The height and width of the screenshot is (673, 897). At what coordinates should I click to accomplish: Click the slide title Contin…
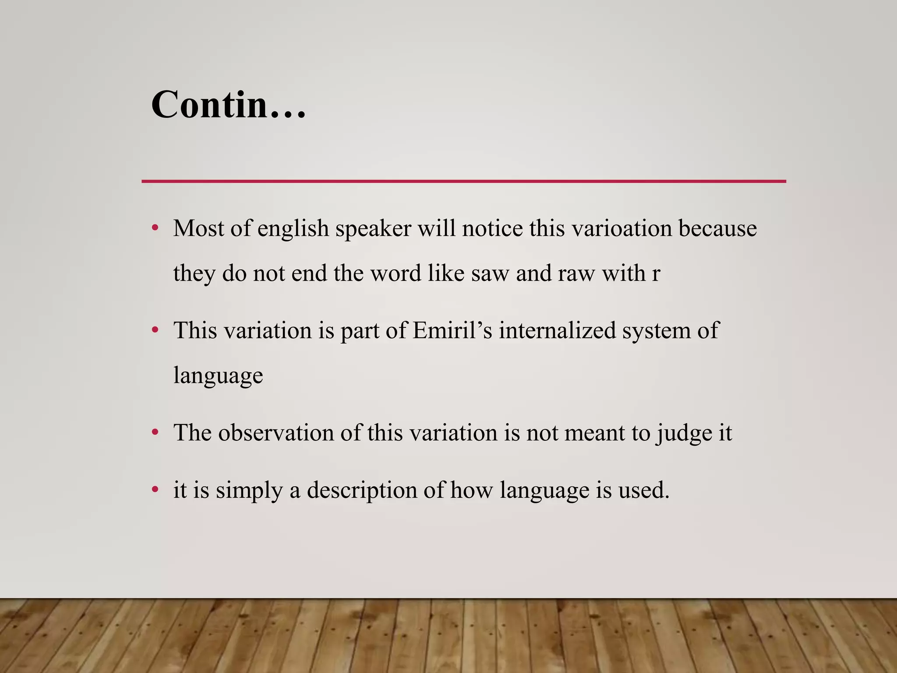pyautogui.click(x=228, y=105)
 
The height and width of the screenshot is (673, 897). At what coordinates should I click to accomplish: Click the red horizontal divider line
pyautogui.click(x=463, y=181)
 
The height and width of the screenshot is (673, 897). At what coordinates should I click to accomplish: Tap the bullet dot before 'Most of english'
pyautogui.click(x=155, y=228)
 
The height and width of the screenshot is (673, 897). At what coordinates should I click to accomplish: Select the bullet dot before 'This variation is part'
pyautogui.click(x=155, y=330)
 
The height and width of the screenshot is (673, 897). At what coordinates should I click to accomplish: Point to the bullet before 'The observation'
pyautogui.click(x=155, y=432)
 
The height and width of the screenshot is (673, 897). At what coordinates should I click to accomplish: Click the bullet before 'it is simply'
pyautogui.click(x=155, y=489)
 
